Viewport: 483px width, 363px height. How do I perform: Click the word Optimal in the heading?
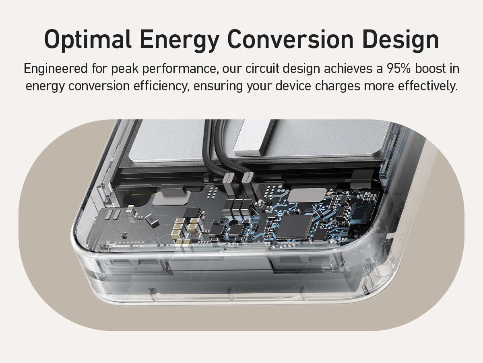point(88,40)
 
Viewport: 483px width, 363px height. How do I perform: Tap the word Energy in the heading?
point(180,41)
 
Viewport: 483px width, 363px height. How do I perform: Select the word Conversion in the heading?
point(291,39)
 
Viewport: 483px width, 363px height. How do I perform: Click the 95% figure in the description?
point(399,69)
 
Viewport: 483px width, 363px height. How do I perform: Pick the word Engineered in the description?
point(56,69)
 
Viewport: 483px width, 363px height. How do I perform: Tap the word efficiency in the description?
point(161,86)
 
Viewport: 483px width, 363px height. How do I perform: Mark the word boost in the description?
point(430,69)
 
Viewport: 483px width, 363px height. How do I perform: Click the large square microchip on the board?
point(294,227)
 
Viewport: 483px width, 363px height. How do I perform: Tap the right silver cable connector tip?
point(248,177)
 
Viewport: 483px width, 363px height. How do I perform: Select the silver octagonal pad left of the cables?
point(171,198)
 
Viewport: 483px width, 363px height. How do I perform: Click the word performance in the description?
point(179,69)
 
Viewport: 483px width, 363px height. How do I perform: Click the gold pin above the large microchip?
point(329,194)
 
